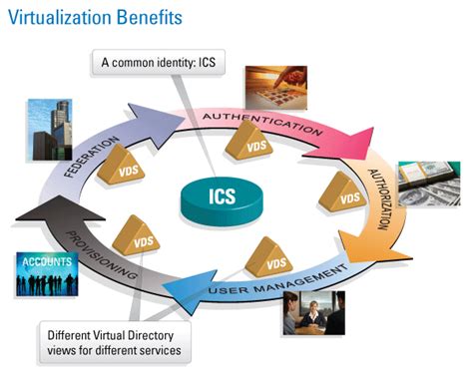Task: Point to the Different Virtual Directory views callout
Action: pos(118,341)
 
